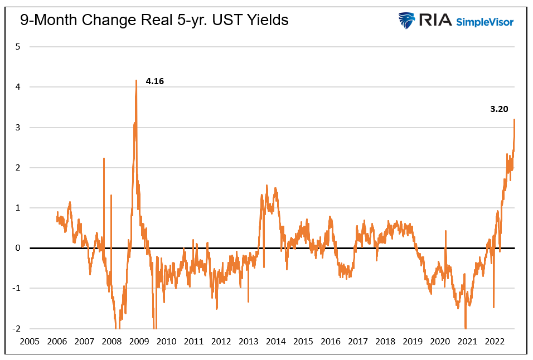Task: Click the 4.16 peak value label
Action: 155,81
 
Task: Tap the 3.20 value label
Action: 499,109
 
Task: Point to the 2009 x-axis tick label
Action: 139,341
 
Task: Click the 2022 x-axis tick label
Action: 495,341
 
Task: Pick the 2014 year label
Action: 275,341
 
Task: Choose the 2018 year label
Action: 385,341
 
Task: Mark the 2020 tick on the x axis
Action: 440,341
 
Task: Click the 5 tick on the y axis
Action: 18,47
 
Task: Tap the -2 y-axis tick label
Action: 17,329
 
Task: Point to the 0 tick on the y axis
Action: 18,248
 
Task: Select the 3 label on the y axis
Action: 18,128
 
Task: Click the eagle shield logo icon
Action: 406,21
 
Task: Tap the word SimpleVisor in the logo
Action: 484,22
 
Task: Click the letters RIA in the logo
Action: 435,21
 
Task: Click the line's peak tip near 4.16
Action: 136,80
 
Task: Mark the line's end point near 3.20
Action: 514,119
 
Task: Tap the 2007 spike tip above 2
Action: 104,158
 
